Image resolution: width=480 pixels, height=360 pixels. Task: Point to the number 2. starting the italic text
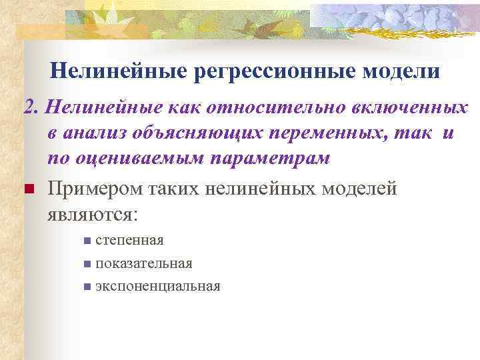click(32, 108)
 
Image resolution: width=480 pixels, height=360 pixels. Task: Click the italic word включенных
click(404, 108)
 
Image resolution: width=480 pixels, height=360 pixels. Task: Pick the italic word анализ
click(94, 133)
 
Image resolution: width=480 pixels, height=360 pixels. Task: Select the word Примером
click(91, 189)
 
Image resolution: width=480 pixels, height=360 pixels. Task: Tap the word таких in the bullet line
click(167, 189)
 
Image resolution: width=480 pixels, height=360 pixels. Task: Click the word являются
click(92, 215)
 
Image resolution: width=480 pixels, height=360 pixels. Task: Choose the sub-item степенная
click(129, 240)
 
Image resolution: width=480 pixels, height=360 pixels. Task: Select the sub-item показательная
click(144, 263)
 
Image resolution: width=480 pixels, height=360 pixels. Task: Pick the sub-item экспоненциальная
click(157, 287)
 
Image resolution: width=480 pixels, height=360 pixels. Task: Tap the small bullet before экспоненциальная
click(87, 287)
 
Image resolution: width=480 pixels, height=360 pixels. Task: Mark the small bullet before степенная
click(87, 241)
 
